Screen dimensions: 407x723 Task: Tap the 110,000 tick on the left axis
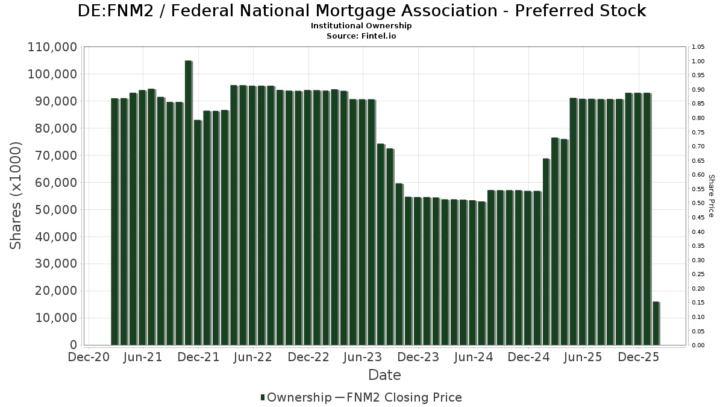pyautogui.click(x=52, y=47)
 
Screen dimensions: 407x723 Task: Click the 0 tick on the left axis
pyautogui.click(x=74, y=345)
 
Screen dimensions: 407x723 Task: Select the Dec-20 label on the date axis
pyautogui.click(x=89, y=357)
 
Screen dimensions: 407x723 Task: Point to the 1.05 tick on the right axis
pyautogui.click(x=698, y=47)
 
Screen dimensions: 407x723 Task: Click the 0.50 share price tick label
pyautogui.click(x=698, y=203)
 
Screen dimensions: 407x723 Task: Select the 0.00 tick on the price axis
pyautogui.click(x=698, y=345)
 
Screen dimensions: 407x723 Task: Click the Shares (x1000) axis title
pyautogui.click(x=16, y=195)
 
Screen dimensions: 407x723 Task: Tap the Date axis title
pyautogui.click(x=384, y=375)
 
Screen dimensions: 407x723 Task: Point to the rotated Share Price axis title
pyautogui.click(x=711, y=195)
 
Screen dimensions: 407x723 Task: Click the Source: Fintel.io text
pyautogui.click(x=361, y=36)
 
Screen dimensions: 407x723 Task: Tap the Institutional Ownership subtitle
pyautogui.click(x=361, y=26)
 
